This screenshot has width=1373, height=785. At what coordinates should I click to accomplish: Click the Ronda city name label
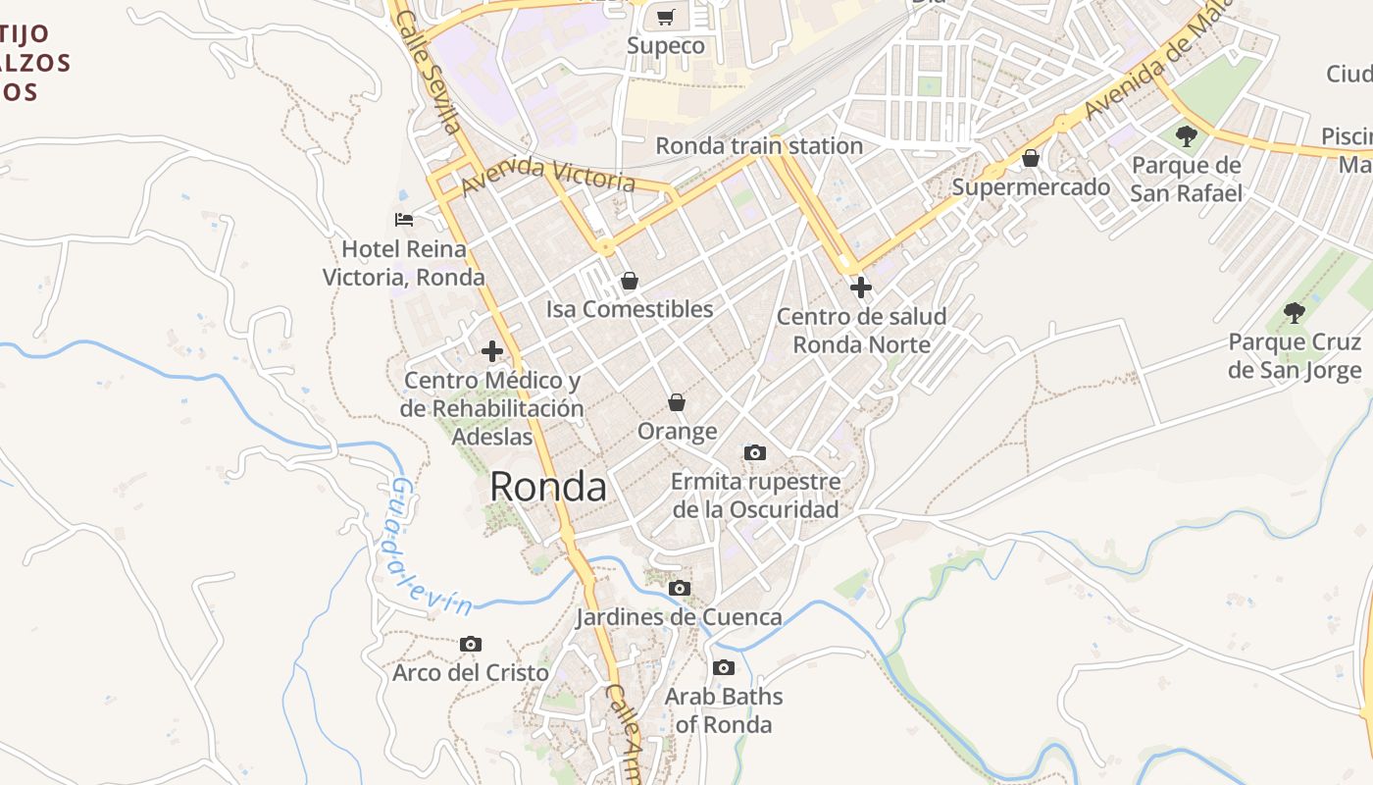coord(548,487)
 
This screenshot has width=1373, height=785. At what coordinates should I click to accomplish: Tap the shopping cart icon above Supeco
coord(666,17)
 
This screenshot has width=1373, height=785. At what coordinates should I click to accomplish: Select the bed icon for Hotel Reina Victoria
coord(403,219)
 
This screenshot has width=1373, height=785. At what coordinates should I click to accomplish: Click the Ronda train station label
coord(758,146)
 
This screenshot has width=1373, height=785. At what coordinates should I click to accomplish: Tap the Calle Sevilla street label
coord(430,75)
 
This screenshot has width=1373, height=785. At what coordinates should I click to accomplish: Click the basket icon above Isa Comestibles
coord(630,282)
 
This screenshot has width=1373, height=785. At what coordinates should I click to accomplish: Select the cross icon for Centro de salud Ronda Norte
coord(861,288)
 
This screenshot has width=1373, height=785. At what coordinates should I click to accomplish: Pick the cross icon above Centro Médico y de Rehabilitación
coord(492,351)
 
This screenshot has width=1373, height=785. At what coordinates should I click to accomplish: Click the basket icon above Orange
coord(677,402)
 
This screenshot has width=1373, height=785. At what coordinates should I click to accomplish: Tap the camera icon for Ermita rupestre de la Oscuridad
coord(754,452)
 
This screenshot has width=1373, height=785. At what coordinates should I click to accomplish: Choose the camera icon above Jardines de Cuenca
coord(679,589)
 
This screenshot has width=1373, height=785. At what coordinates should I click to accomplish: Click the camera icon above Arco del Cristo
coord(471,645)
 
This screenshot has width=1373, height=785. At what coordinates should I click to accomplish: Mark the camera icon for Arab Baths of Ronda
coord(724,668)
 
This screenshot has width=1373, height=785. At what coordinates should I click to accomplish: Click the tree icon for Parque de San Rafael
coord(1186,136)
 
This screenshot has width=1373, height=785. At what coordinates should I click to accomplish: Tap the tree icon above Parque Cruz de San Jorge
coord(1295,313)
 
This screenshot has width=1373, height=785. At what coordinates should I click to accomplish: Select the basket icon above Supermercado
coord(1031,158)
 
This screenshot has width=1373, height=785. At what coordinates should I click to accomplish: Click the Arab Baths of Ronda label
coord(724,710)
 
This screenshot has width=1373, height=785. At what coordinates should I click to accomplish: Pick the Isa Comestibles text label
coord(630,309)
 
